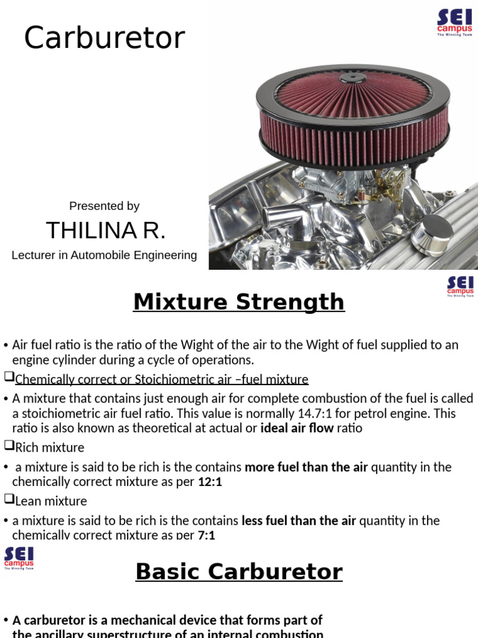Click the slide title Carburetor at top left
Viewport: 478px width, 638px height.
[105, 39]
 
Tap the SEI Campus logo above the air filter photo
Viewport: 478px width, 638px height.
[454, 22]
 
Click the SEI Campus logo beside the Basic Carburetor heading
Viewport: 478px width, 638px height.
[19, 558]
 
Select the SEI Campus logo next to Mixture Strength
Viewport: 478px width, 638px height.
[460, 286]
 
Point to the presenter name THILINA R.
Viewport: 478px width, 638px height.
[105, 231]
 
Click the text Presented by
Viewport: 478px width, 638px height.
[104, 206]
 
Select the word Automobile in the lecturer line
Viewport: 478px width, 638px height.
[100, 255]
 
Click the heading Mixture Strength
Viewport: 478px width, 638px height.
[238, 302]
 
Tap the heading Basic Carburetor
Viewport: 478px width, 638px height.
[238, 571]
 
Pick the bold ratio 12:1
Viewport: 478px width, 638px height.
[210, 482]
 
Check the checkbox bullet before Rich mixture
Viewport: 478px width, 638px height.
[8, 446]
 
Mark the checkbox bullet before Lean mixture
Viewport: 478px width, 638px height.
[8, 500]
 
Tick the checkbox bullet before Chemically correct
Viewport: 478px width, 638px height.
[8, 378]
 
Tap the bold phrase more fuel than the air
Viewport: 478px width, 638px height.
[306, 467]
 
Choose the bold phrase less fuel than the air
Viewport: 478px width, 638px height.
[299, 521]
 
